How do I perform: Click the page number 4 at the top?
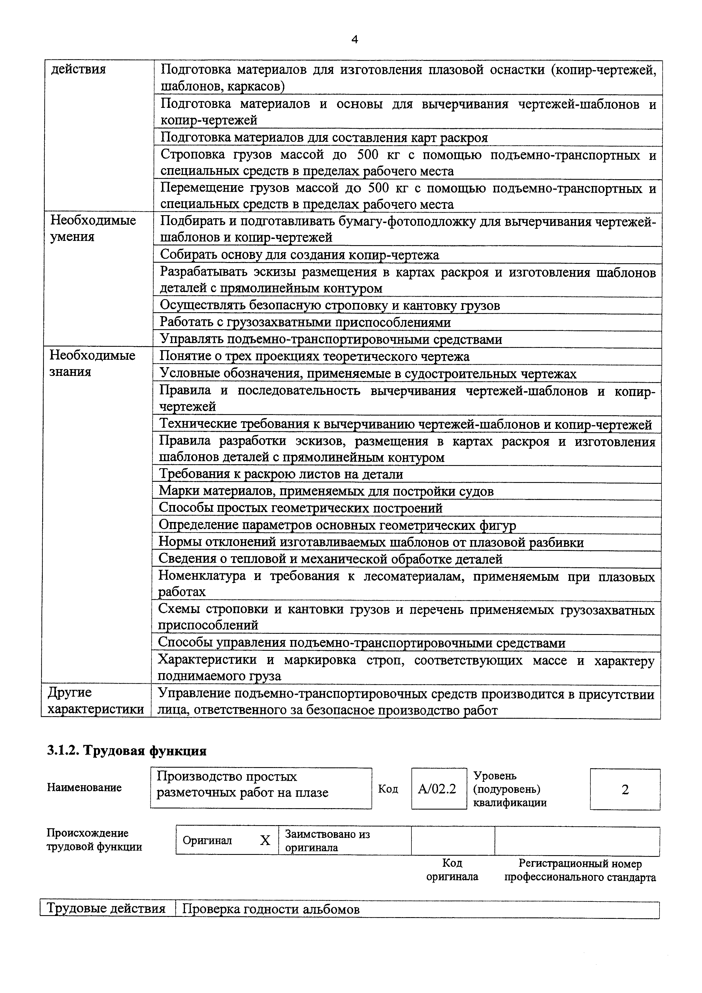click(x=355, y=40)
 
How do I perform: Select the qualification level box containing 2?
click(x=625, y=790)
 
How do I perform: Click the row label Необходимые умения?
click(x=93, y=228)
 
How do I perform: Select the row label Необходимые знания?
click(x=92, y=363)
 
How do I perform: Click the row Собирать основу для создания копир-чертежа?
click(x=299, y=255)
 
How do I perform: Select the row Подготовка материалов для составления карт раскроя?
click(x=324, y=138)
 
